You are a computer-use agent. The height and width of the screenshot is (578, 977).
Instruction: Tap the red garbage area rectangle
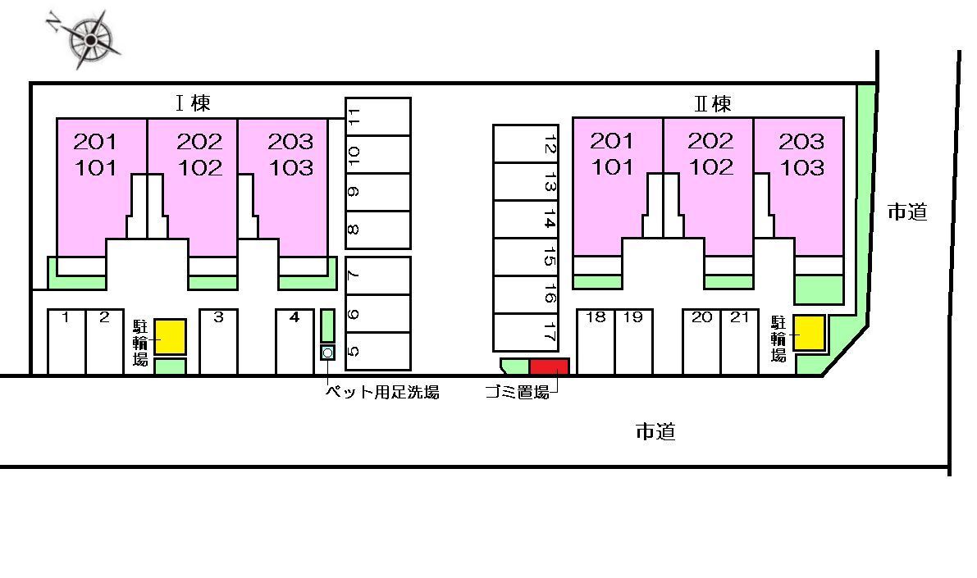(549, 366)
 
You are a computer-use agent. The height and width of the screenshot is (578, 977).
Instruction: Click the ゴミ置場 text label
(517, 393)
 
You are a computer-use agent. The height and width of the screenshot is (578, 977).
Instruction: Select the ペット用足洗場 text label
(382, 393)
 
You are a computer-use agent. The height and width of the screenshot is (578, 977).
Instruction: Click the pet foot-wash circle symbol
(327, 353)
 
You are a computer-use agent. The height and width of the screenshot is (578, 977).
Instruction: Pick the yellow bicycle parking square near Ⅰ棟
(171, 337)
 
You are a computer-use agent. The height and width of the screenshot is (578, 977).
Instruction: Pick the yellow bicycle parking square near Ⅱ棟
(808, 333)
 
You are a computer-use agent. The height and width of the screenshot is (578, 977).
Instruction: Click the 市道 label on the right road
(907, 212)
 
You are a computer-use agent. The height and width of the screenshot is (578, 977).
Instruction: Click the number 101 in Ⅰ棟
(96, 168)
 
